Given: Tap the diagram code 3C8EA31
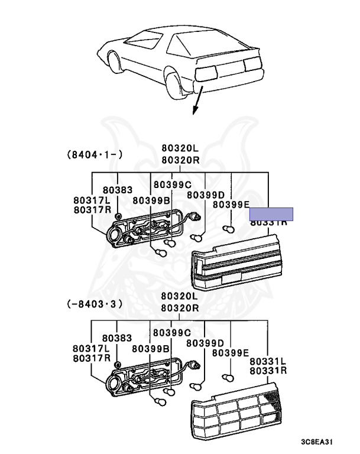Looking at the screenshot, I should click(320, 441).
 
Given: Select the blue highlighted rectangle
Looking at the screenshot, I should click(271, 214).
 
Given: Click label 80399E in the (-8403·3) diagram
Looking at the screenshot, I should click(230, 352).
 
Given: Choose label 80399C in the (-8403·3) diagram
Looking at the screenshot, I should click(172, 332).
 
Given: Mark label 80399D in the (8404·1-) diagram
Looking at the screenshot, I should click(205, 194).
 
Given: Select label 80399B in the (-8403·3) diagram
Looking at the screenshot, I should click(151, 348).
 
